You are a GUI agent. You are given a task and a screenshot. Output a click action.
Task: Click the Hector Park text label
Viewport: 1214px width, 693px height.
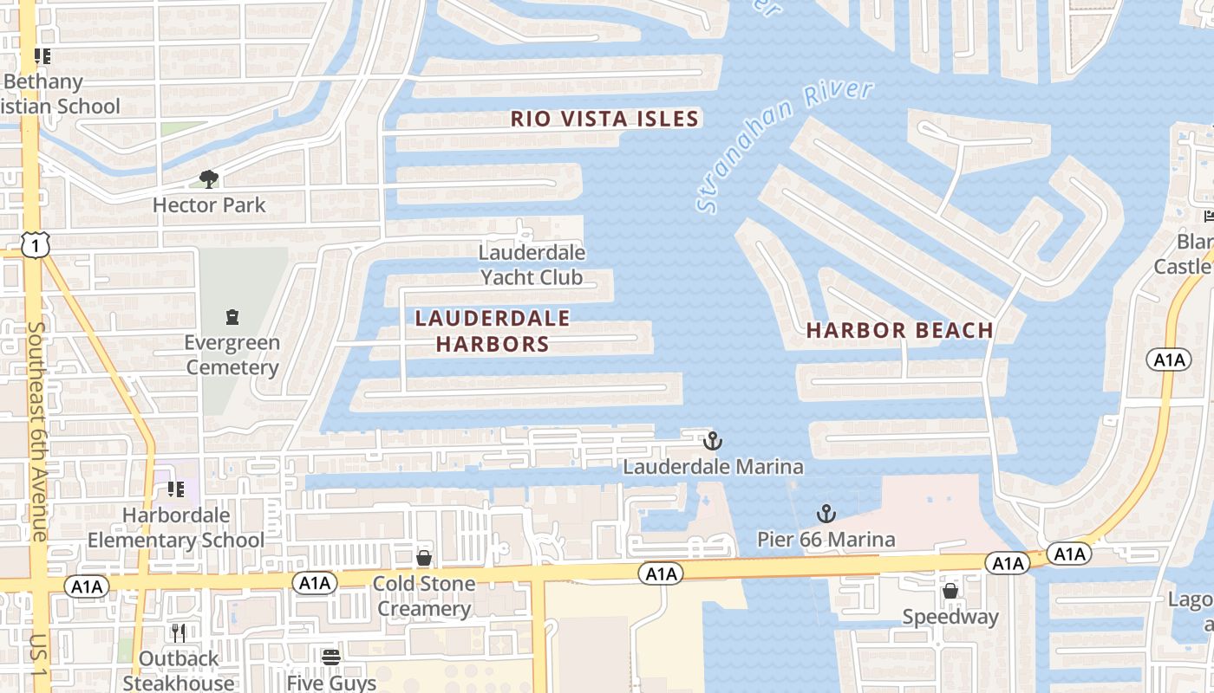[x=209, y=205]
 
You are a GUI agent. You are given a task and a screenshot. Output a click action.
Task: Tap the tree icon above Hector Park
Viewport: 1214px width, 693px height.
[x=208, y=179]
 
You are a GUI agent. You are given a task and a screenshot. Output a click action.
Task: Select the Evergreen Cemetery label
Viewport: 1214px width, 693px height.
[x=232, y=355]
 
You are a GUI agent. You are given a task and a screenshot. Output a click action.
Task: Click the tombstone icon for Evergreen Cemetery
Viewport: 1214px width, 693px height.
[x=232, y=317]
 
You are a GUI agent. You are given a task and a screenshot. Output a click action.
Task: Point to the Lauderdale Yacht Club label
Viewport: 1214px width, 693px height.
[x=532, y=265]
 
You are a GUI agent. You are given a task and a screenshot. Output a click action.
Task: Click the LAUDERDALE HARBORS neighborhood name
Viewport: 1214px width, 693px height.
[x=493, y=331]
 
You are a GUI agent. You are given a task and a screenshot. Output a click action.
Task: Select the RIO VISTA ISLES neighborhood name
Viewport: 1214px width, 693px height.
[x=604, y=119]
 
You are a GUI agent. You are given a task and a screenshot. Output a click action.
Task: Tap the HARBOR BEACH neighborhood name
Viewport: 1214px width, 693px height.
[x=900, y=330]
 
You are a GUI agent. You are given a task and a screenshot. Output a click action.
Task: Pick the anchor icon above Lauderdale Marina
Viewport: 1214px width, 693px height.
[x=713, y=441]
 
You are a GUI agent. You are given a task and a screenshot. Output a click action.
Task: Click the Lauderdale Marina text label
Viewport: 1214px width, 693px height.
[x=713, y=467]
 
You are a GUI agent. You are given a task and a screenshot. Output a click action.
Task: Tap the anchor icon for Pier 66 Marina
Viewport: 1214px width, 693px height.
[x=826, y=514]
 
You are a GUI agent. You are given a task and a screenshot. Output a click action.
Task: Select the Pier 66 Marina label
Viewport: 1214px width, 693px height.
[x=826, y=540]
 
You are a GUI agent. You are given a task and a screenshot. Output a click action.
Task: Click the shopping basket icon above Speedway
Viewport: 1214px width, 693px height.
[x=950, y=592]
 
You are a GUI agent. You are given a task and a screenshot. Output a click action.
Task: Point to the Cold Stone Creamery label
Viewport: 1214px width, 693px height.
[x=424, y=596]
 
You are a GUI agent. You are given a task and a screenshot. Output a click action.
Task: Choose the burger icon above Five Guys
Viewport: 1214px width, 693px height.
[x=331, y=657]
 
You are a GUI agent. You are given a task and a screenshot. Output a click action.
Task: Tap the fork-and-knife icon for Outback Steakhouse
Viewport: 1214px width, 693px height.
[x=179, y=632]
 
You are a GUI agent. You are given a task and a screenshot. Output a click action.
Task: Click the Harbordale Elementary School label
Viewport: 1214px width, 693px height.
[x=176, y=528]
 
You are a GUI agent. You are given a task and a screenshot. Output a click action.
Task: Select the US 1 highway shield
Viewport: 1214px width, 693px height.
[x=36, y=246]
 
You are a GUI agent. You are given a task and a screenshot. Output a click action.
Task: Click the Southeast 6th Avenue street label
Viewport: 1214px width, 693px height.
[x=37, y=431]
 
